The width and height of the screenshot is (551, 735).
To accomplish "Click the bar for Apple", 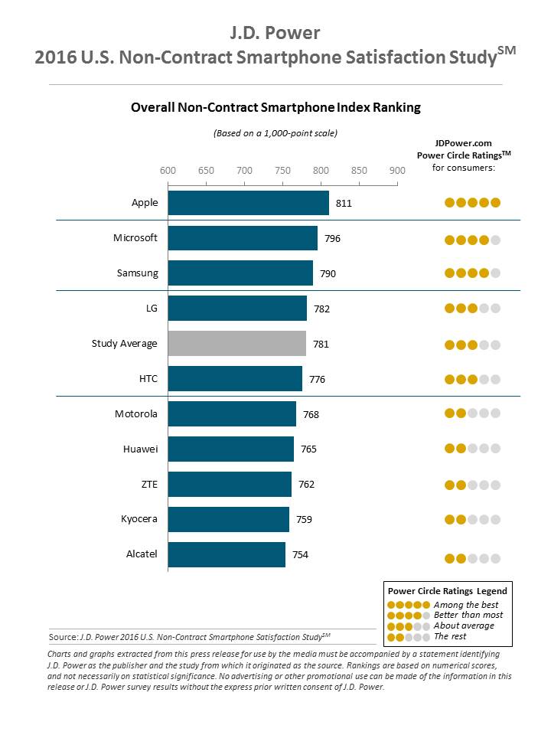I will (248, 203).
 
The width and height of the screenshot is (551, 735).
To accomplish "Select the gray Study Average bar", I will (236, 344).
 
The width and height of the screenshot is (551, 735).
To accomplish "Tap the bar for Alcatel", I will (227, 554).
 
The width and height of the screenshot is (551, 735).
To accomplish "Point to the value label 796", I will (332, 239).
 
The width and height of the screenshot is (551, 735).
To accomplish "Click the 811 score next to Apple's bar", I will (344, 204).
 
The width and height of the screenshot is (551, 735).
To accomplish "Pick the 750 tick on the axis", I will (282, 170).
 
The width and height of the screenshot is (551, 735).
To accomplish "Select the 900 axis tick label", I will (397, 170).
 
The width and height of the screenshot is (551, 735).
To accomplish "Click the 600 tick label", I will (168, 170).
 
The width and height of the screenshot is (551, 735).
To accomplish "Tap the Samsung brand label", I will (137, 273).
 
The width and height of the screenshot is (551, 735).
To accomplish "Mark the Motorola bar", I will (232, 414).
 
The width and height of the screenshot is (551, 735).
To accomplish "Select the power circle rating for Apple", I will (472, 203).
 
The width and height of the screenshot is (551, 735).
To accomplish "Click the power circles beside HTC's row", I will (472, 379).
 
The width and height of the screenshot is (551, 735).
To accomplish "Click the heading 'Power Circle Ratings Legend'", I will (447, 591).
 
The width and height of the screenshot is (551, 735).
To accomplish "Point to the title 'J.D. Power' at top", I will (275, 32).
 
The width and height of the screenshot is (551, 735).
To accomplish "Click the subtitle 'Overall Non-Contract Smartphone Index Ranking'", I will (275, 108).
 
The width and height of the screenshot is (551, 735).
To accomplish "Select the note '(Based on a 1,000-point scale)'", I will (275, 133).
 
